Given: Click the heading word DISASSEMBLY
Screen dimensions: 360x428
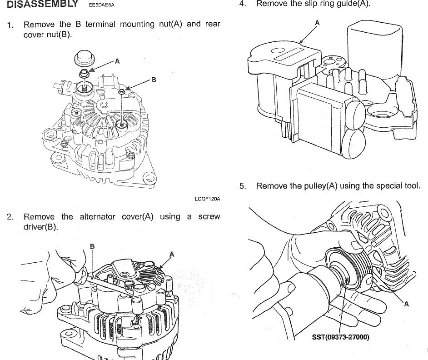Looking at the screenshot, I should point(42,5).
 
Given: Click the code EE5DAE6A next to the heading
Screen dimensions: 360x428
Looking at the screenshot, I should point(102,5).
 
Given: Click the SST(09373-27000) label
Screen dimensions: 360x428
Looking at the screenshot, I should point(341,337).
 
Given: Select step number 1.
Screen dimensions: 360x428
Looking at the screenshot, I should point(10,25).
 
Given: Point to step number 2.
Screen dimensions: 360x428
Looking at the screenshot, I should point(10,217).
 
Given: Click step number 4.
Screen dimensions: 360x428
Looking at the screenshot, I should point(243,4).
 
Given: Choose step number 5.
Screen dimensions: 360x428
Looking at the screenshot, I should point(243,185).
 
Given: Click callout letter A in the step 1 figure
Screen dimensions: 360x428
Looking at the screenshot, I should point(117,61).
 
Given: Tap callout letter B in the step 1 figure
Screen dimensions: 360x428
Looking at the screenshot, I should point(154,80).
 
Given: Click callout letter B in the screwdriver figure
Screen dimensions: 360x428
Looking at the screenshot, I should point(92,246).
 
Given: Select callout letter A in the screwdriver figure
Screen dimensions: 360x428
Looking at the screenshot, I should point(171,254).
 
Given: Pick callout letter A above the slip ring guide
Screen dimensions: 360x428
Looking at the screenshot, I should point(317,22).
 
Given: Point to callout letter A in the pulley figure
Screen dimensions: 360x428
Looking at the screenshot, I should point(407,304).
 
